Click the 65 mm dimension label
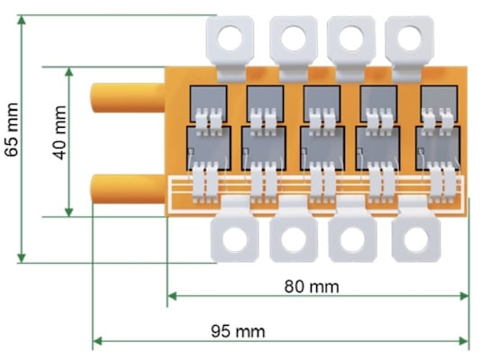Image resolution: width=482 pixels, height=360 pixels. point(12,130)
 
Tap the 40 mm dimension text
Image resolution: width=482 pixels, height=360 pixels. point(59,132)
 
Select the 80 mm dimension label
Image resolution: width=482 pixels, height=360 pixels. point(312,286)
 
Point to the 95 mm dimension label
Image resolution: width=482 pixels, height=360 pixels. point(238,331)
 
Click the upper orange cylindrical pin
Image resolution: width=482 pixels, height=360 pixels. point(128,98)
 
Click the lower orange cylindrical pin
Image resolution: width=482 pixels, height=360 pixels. point(128,189)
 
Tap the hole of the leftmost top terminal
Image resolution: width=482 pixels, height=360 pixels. point(231,39)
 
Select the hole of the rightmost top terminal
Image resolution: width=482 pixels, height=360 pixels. point(409,39)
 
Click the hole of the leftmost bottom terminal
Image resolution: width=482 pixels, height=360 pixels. point(234,240)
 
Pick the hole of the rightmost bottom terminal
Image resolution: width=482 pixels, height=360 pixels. point(416,240)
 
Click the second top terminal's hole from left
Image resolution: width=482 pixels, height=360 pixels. point(294,39)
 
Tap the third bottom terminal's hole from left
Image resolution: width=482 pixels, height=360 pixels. point(352,240)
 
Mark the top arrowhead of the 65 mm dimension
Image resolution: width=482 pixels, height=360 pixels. point(22,20)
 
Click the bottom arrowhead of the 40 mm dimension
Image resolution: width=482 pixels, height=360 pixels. point(68,211)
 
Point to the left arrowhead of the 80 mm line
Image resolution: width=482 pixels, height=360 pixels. point(172,296)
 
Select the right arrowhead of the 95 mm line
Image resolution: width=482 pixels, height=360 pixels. point(464,341)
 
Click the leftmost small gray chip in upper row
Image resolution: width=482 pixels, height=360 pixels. point(208,103)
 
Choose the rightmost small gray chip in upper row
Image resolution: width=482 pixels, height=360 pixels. point(439,103)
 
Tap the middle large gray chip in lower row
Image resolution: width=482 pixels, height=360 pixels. point(323,148)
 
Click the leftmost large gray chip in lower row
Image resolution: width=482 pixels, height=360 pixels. point(208,148)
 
